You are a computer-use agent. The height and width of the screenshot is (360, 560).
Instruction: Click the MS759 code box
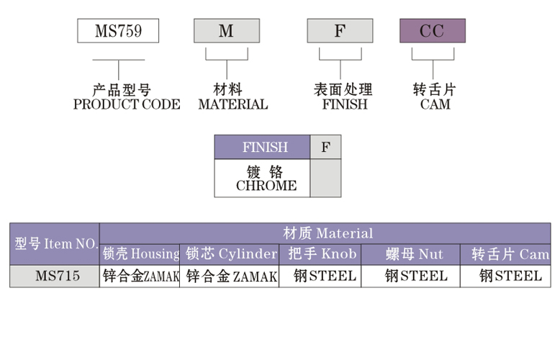pyautogui.click(x=118, y=31)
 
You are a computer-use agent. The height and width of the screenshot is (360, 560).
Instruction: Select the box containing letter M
pyautogui.click(x=226, y=31)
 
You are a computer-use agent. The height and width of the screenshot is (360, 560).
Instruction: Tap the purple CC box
pyautogui.click(x=433, y=31)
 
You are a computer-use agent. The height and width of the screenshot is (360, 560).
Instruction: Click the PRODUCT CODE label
pyautogui.click(x=127, y=104)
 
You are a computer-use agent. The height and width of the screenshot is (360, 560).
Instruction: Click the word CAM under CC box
pyautogui.click(x=435, y=104)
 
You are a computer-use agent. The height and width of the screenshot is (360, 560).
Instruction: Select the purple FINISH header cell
pyautogui.click(x=263, y=148)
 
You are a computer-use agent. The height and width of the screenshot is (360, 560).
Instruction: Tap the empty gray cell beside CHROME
pyautogui.click(x=325, y=178)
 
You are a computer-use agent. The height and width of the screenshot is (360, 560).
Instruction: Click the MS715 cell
pyautogui.click(x=55, y=276)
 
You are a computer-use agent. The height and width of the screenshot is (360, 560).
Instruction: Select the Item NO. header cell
pyautogui.click(x=55, y=244)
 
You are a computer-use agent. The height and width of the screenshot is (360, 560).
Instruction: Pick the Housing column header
pyautogui.click(x=140, y=254)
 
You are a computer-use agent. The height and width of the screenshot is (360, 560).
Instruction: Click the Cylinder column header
pyautogui.click(x=231, y=254)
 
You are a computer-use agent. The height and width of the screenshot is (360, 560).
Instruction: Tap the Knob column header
pyautogui.click(x=322, y=254)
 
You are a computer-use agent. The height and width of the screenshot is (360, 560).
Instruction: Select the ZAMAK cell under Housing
pyautogui.click(x=140, y=276)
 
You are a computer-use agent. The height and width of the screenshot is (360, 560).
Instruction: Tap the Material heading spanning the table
pyautogui.click(x=328, y=233)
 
